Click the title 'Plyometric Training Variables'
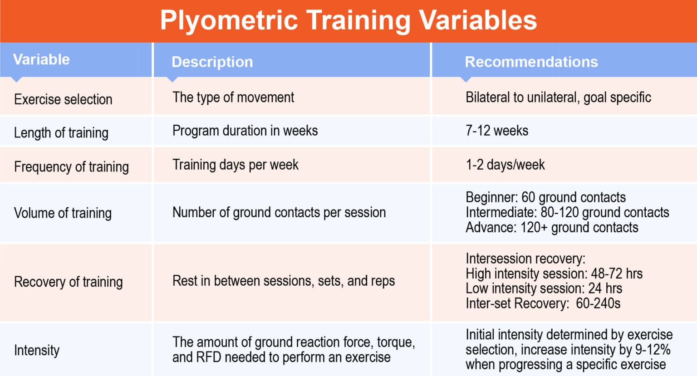pos(348,20)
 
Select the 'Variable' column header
pos(41,59)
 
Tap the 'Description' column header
pos(212,62)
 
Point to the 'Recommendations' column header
pos(531,62)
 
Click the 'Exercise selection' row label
pos(63,99)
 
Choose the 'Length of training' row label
pos(61,133)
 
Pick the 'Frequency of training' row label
pos(71,167)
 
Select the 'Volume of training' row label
pos(63,213)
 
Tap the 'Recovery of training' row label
pos(68,282)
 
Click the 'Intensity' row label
pos(37,350)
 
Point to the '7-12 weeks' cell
pos(497,131)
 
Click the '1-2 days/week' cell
pos(505,165)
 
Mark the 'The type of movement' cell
pos(233,98)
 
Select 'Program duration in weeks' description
pos(245,131)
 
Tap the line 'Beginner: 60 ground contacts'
pos(545,197)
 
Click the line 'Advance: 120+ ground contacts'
pos(552,228)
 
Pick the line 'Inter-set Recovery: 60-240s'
pos(543,303)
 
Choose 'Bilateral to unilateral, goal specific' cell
pos(558,98)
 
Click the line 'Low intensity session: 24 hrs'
pos(544,288)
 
